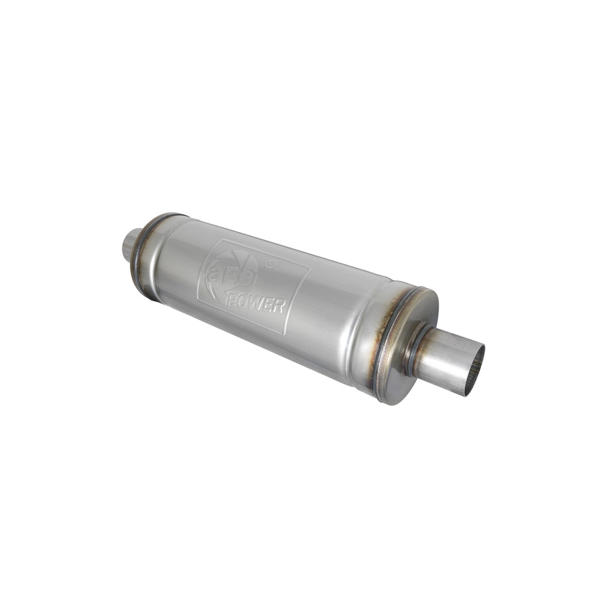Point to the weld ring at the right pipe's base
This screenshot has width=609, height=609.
point(413,348)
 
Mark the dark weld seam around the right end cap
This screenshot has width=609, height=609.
point(387,338)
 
